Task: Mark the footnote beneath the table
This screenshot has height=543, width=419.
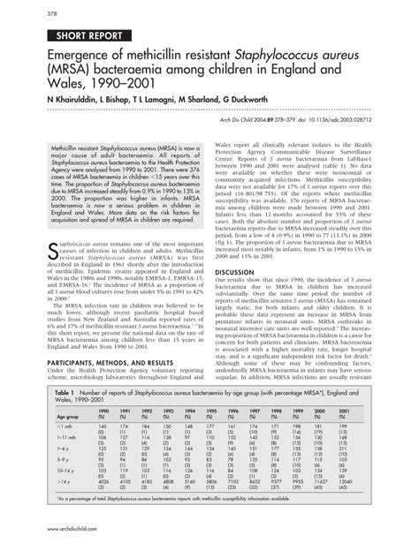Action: pyautogui.click(x=203, y=521)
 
